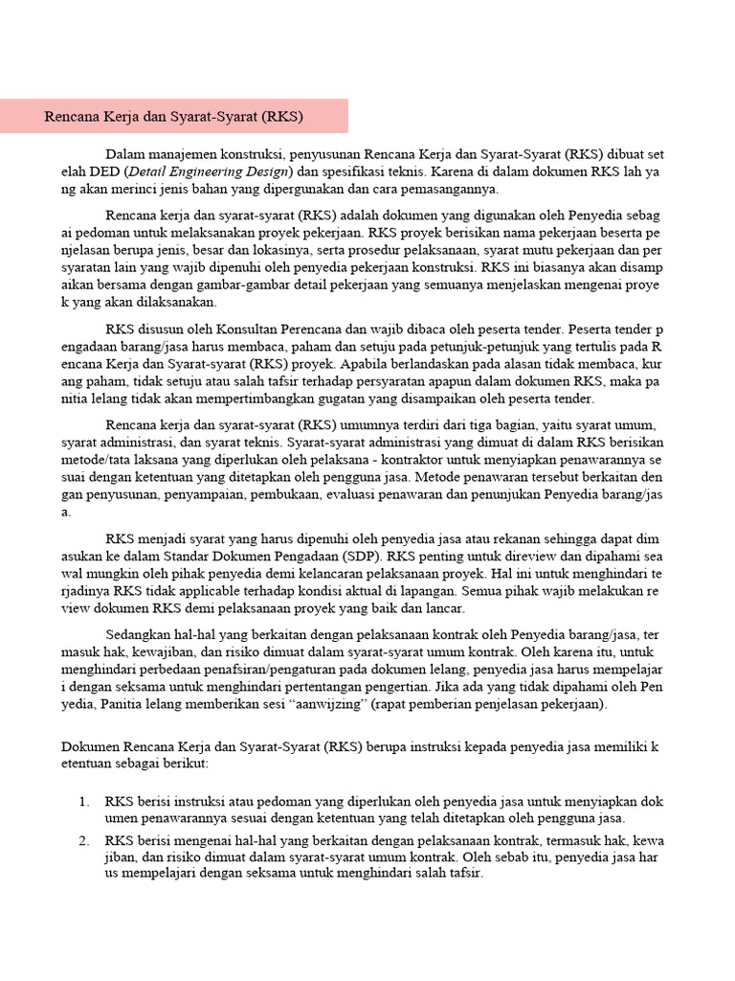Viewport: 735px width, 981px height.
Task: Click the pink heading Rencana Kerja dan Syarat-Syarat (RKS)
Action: [x=173, y=117]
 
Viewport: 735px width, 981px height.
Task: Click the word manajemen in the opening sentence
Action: [x=192, y=153]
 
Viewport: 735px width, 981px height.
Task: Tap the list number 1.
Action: [x=83, y=801]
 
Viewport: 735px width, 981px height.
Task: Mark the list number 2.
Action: [x=83, y=840]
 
